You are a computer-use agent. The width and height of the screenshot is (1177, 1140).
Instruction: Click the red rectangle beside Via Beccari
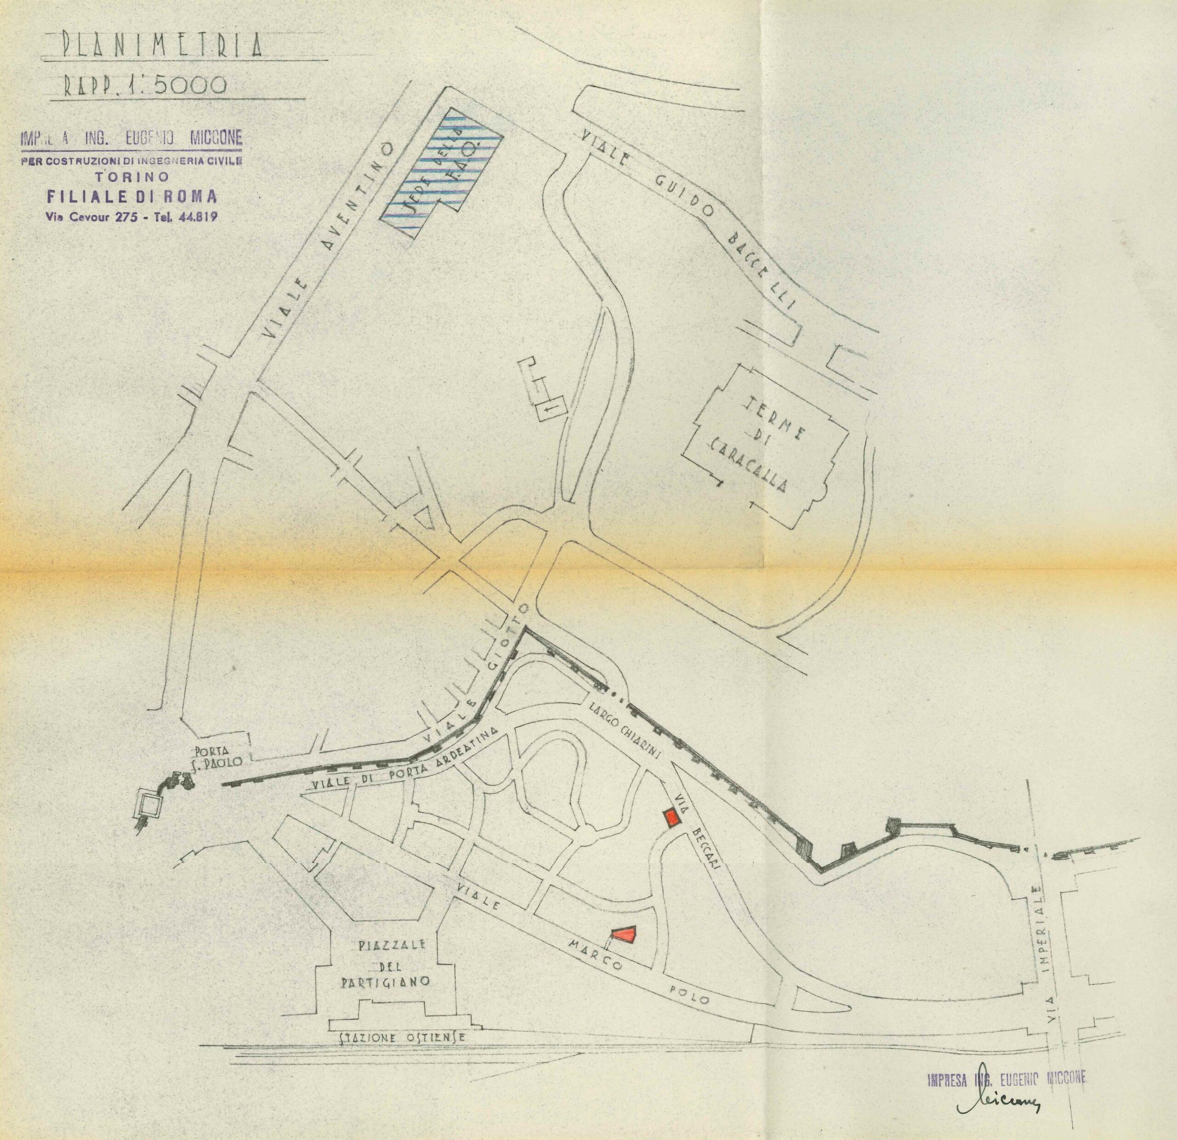pyautogui.click(x=670, y=818)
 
